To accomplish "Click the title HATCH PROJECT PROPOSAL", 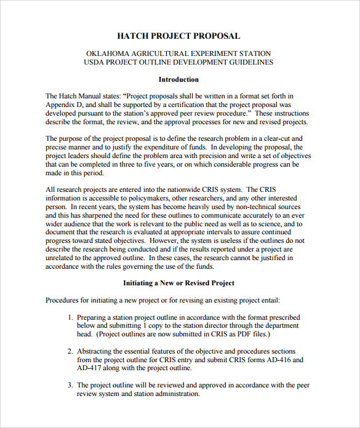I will tap(178, 36).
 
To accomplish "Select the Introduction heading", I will tap(178, 79).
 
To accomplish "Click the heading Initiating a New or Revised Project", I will tap(178, 283).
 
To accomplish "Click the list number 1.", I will tap(70, 317).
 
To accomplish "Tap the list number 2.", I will tap(70, 351).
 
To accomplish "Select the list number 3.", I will tap(70, 385).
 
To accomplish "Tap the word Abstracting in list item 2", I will tap(95, 351).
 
